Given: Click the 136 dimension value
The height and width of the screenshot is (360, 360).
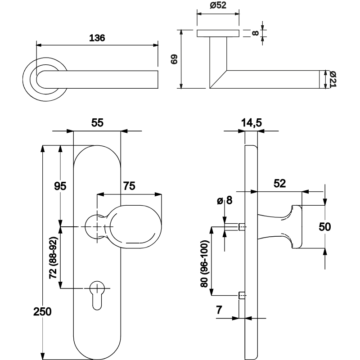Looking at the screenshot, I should tap(97, 38).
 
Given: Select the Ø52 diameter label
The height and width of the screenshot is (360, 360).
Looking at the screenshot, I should tap(218, 6).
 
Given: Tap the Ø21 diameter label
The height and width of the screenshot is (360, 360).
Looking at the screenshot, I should tap(333, 79).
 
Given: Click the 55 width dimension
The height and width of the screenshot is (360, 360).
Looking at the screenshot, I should tap(97, 122).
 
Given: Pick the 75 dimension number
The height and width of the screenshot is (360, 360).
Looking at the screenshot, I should tap(130, 185).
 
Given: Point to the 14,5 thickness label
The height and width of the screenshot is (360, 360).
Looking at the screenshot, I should tap(252, 122).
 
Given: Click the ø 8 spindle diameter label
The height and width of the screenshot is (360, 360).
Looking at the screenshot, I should tap(224, 201).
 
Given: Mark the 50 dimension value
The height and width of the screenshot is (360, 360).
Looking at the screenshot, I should tap(325, 227).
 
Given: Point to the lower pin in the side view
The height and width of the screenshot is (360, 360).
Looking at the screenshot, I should tap(242, 296).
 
